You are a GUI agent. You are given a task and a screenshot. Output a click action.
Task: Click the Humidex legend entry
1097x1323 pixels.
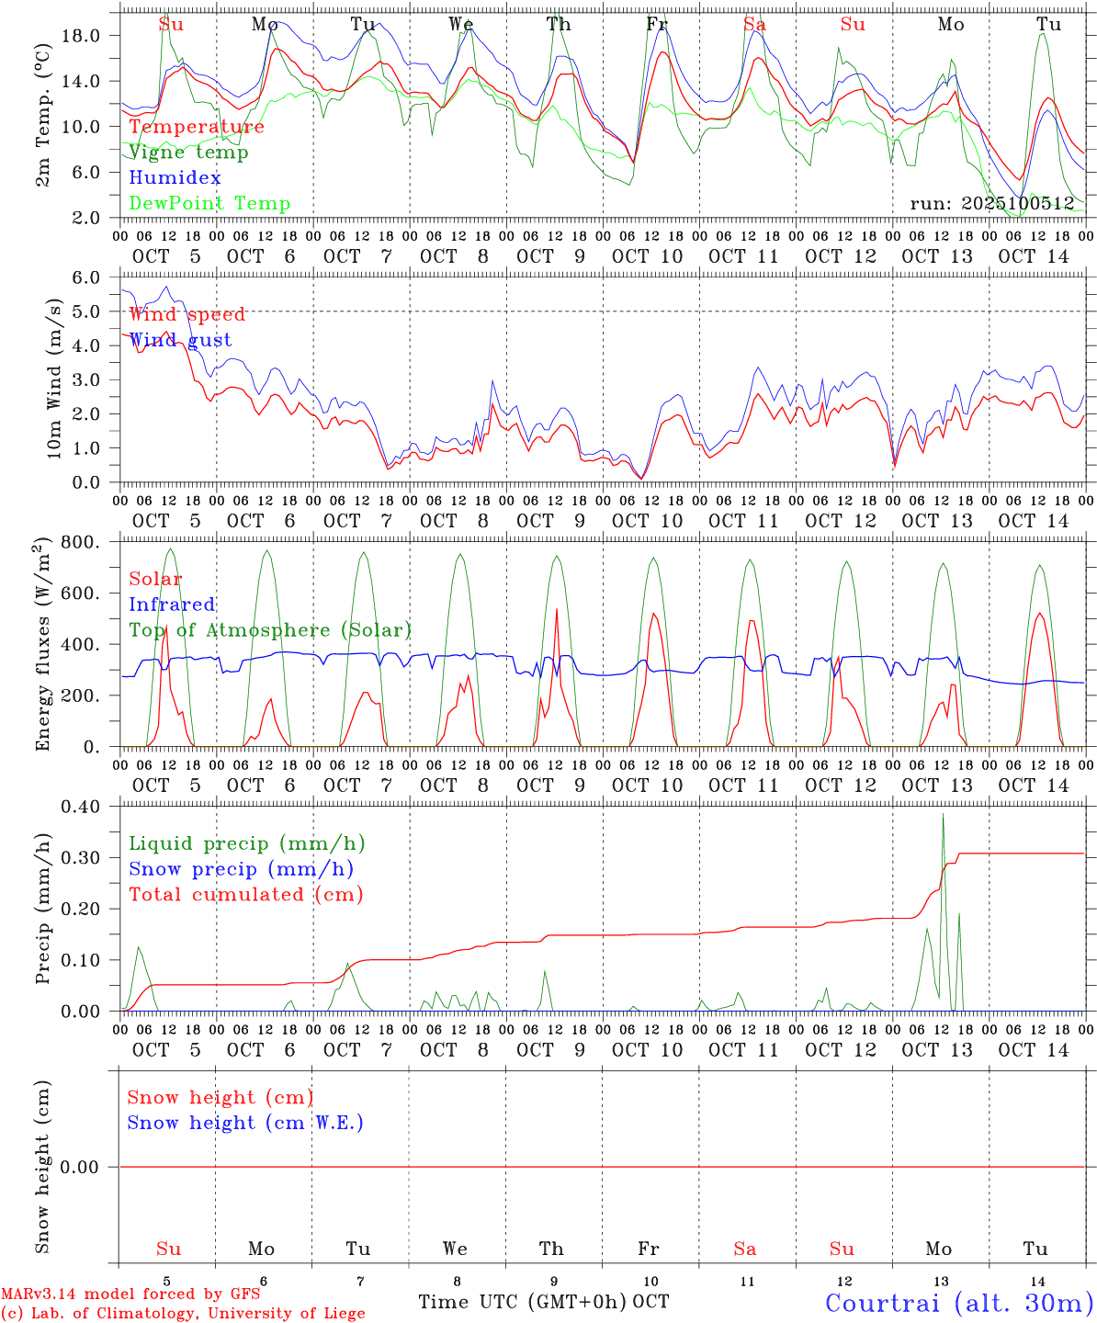coord(175,178)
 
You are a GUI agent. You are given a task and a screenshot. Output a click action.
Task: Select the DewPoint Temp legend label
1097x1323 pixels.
coord(209,204)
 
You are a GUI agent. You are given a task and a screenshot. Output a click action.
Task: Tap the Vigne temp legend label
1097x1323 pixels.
coord(188,153)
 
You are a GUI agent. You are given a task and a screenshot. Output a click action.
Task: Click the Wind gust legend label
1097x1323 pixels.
coord(180,340)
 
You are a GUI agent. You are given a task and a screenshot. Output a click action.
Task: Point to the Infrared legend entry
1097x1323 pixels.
coord(172,605)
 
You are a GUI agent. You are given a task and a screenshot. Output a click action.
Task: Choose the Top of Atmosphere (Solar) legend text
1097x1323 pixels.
coord(269,630)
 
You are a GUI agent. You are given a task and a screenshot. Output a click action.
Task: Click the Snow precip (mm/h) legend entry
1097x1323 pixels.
coord(241,869)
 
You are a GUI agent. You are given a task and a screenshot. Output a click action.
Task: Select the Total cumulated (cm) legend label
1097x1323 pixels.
coord(245,895)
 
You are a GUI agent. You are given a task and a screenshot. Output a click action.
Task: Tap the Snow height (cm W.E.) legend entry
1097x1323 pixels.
coord(245,1123)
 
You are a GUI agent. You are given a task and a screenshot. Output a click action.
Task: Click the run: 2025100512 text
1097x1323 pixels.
coord(991,204)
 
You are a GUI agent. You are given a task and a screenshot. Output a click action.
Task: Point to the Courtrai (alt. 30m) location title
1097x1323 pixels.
coord(959,1303)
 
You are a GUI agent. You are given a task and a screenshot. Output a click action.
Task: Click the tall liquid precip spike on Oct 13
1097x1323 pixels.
coord(943,818)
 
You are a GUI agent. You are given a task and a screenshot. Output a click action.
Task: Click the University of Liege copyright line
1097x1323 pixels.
coord(183,1314)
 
